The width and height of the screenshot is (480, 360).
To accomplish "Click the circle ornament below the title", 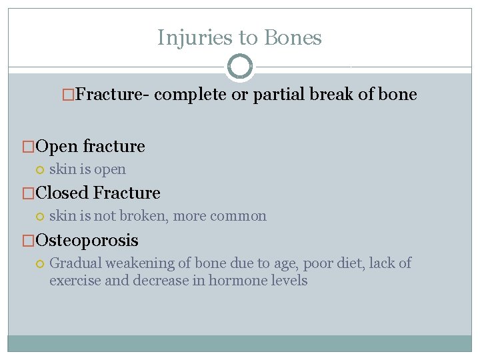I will click(x=240, y=67).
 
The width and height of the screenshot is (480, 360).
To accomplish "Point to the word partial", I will click(x=275, y=95).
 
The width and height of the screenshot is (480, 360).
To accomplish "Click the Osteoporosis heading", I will click(x=87, y=240).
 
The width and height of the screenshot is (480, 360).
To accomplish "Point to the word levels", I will click(x=287, y=281).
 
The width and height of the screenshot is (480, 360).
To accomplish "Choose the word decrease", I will click(x=161, y=281).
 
